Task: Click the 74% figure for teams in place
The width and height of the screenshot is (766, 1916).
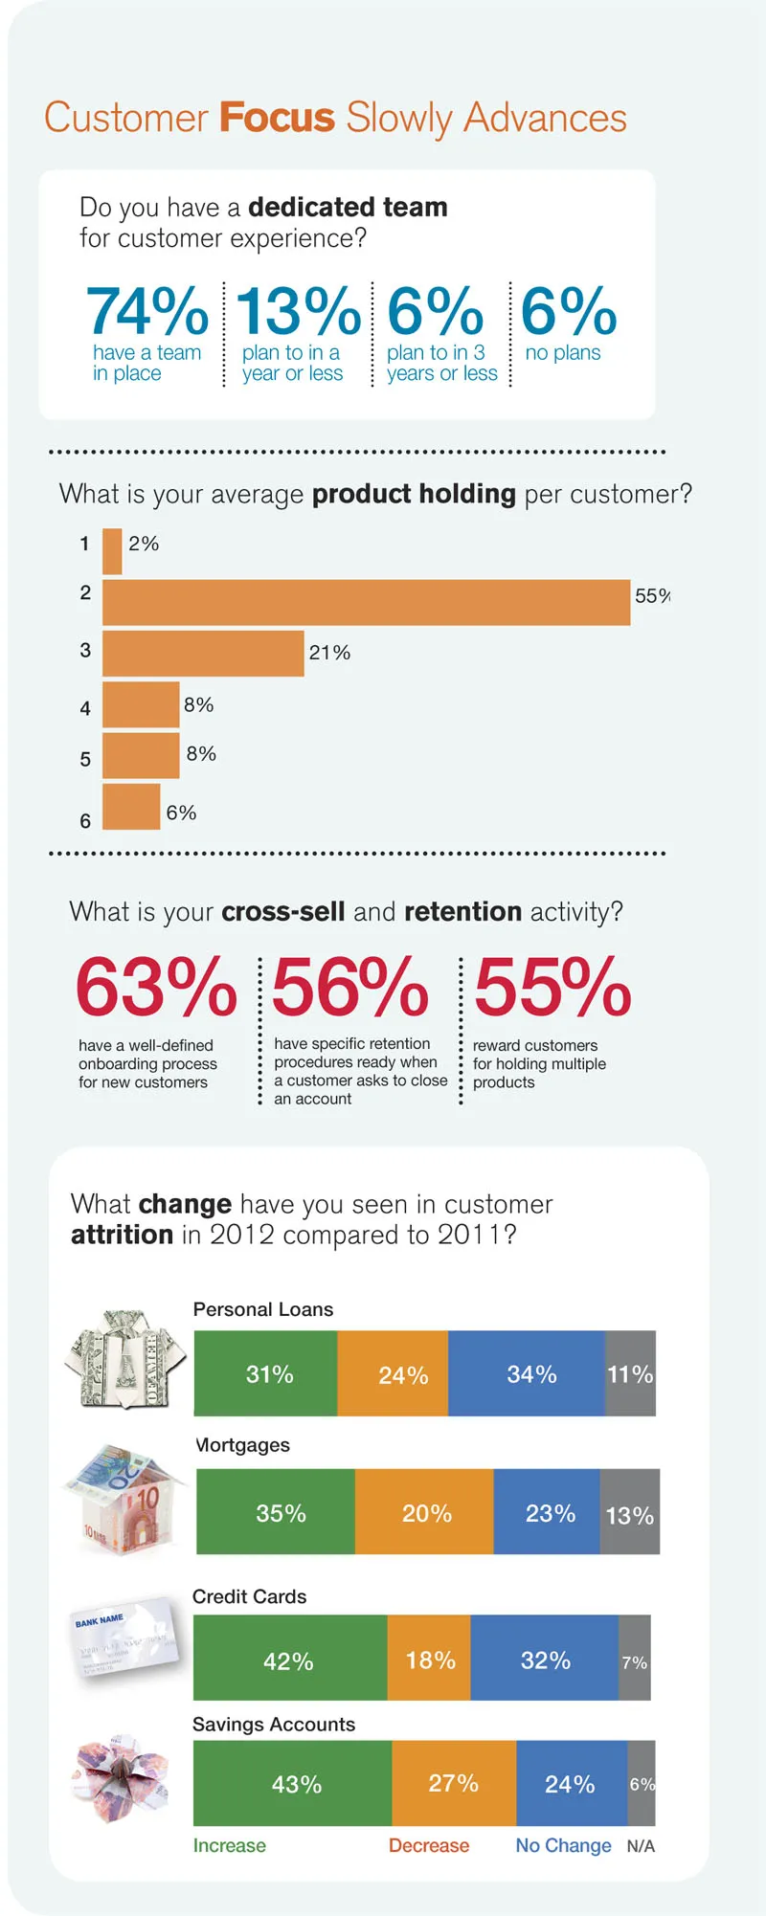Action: click(147, 311)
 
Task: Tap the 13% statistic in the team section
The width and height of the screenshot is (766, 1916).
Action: click(298, 311)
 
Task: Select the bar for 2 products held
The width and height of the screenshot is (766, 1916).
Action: click(366, 602)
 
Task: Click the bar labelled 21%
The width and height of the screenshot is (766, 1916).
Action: click(203, 654)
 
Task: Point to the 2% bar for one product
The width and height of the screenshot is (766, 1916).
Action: click(112, 551)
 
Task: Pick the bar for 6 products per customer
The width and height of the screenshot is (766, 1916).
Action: click(131, 807)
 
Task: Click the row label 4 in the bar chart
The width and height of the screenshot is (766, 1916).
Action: click(85, 709)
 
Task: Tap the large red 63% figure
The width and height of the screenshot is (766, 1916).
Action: click(156, 988)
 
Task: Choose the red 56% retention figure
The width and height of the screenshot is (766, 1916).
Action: click(350, 988)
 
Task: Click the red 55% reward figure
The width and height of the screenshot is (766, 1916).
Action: click(552, 988)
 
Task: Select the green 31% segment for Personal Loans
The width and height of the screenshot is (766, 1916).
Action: click(265, 1373)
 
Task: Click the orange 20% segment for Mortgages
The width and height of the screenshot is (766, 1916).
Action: click(424, 1512)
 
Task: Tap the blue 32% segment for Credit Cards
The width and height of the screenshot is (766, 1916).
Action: click(544, 1659)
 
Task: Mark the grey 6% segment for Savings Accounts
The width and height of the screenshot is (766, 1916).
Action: click(642, 1783)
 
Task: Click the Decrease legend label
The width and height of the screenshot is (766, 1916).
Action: click(429, 1845)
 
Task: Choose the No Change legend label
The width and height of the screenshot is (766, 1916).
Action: click(563, 1845)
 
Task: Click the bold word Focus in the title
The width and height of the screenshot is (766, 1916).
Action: click(277, 118)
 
